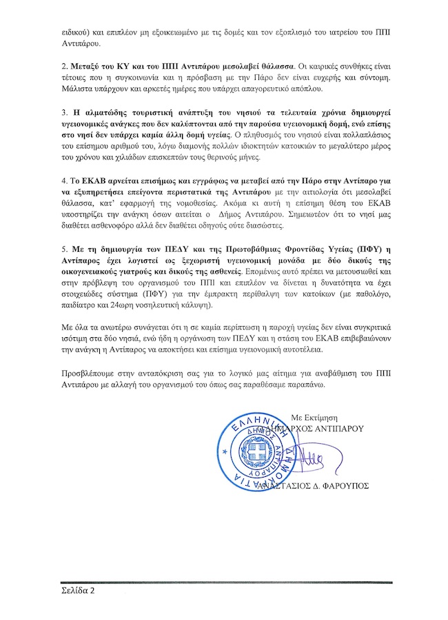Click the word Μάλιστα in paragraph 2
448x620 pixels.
click(74, 89)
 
